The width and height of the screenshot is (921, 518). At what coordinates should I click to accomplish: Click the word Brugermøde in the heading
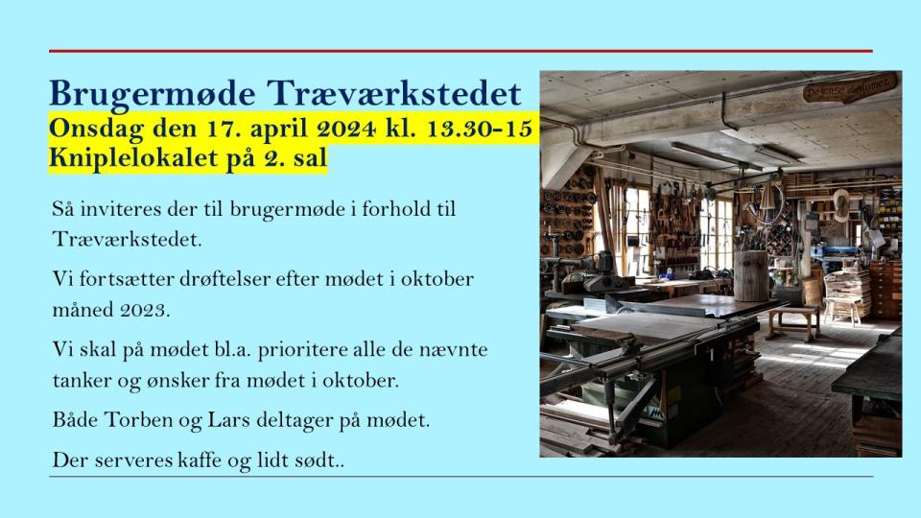coord(153,94)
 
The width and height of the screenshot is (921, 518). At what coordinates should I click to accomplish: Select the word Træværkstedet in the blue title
coord(394,93)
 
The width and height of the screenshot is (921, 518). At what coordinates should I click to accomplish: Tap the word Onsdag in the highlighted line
coord(96,129)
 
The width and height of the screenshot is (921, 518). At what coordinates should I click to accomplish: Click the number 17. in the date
coord(222,128)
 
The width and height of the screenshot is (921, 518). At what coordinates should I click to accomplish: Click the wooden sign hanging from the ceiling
coord(849,88)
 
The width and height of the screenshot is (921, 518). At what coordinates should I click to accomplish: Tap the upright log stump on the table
coord(751,275)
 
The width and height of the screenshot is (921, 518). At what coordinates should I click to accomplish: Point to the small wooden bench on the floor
coord(792,322)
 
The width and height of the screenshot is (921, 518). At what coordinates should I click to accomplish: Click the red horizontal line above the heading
coord(460,51)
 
